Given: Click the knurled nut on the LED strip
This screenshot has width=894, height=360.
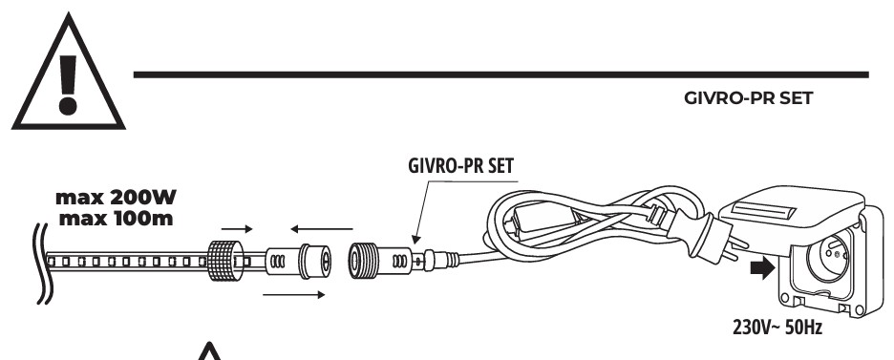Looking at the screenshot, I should [x=223, y=259].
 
